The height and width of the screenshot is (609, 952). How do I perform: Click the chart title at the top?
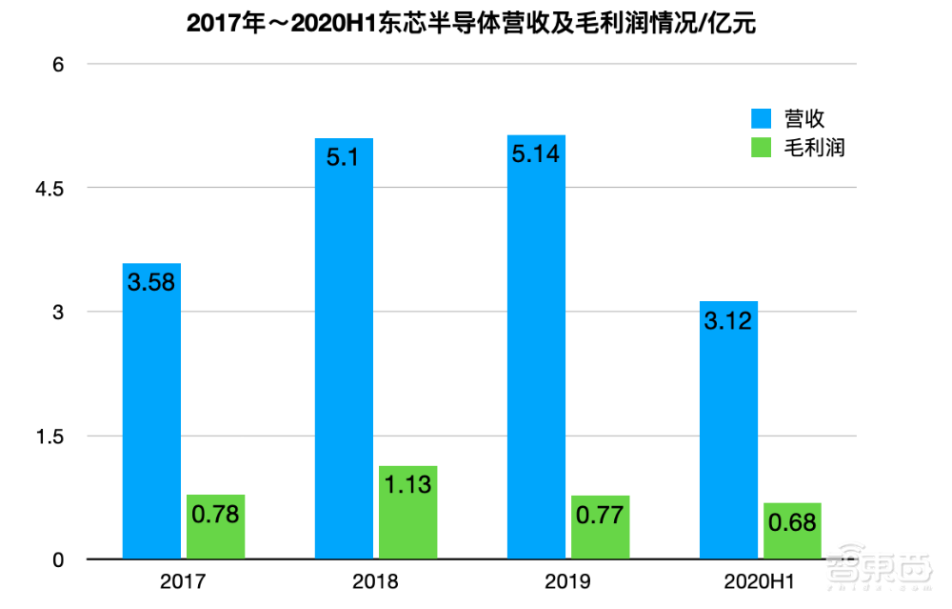[x=472, y=24]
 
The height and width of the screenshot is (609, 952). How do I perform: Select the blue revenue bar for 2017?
[x=151, y=411]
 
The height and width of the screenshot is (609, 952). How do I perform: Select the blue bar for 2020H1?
[x=728, y=430]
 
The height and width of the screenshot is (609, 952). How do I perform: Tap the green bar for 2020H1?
[x=792, y=531]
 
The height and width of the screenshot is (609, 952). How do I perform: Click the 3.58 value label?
[x=151, y=282]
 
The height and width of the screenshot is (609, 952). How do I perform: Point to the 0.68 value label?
[x=792, y=522]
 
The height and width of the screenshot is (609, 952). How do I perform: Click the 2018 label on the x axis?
[x=375, y=581]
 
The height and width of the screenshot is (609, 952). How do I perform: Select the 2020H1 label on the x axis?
[x=760, y=581]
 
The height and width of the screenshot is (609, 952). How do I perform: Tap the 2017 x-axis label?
[x=183, y=581]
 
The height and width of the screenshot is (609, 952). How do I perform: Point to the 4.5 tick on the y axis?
[x=50, y=189]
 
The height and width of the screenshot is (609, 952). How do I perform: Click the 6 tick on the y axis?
[x=57, y=64]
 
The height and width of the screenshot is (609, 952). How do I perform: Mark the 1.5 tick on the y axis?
[x=50, y=436]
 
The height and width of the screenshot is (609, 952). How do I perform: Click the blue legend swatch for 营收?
[x=762, y=119]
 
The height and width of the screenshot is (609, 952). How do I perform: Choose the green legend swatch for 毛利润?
[x=762, y=148]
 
